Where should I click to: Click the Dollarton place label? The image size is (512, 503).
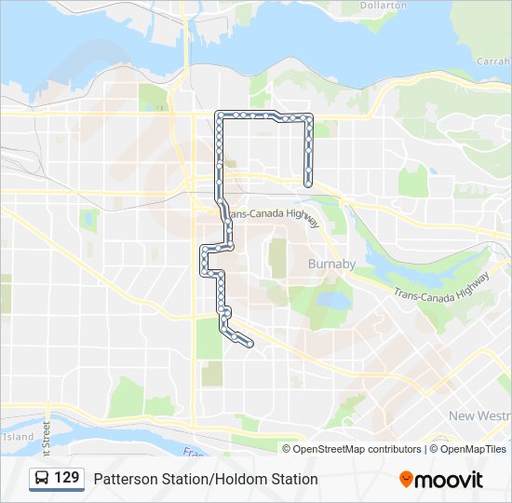click(382, 6)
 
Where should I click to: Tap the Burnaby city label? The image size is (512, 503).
click(331, 264)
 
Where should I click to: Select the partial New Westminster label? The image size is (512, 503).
click(479, 415)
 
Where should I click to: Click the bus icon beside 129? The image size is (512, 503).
click(42, 478)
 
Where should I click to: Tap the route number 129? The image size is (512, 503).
click(66, 478)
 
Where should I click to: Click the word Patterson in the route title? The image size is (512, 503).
click(124, 479)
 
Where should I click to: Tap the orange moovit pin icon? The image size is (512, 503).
click(406, 479)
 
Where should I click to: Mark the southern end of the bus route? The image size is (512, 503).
click(250, 345)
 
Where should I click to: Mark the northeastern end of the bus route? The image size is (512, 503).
click(308, 183)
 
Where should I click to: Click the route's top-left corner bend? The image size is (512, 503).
click(219, 115)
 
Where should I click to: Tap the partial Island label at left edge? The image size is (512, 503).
click(17, 436)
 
